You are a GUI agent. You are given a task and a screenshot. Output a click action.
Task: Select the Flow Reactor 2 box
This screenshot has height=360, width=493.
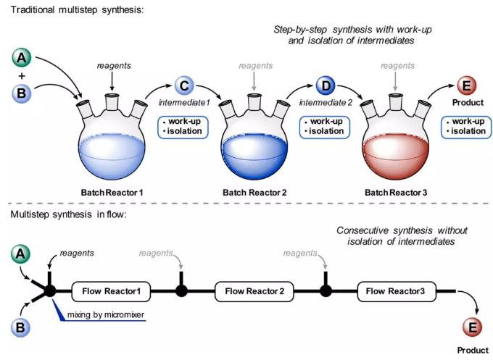pos(254,292)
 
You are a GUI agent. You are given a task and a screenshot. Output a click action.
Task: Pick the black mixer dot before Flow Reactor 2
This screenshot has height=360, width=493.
pos(182,292)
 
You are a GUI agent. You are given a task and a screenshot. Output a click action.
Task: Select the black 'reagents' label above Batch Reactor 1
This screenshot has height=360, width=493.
pos(113,66)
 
